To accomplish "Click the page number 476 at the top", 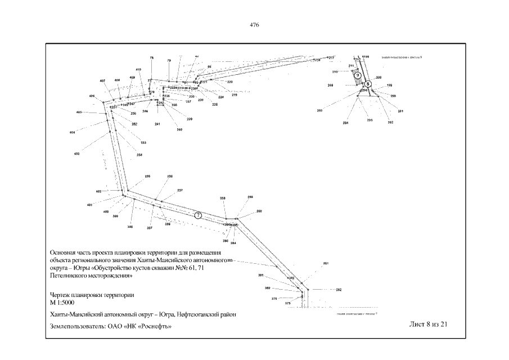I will [x=254, y=24].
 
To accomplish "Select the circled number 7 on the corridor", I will [x=197, y=214].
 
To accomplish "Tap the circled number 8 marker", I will [x=368, y=83].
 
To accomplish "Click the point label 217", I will [x=332, y=58].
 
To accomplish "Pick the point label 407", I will [x=102, y=81].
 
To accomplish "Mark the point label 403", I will [x=76, y=153].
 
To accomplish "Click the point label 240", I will [x=179, y=130].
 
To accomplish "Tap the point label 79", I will [x=169, y=60].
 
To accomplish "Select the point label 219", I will [x=234, y=95].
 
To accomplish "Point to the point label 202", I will [x=390, y=122].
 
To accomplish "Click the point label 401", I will [x=89, y=205].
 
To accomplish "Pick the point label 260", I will [x=259, y=211].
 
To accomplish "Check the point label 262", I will [x=339, y=290].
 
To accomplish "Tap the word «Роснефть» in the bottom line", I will [x=153, y=326].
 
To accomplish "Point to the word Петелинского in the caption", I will [x=71, y=276].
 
